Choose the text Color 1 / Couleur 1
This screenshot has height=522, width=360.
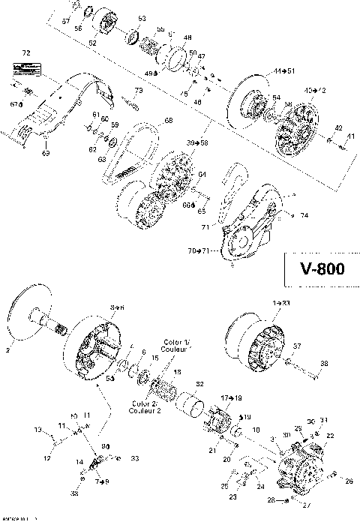pos(178,346)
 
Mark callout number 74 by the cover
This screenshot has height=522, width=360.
pos(304,215)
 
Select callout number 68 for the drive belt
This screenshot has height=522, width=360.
pos(168,121)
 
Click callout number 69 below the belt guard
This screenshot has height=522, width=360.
pos(46,153)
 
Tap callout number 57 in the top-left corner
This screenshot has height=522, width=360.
pos(65,22)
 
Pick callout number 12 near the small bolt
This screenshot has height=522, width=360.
pos(46,458)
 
